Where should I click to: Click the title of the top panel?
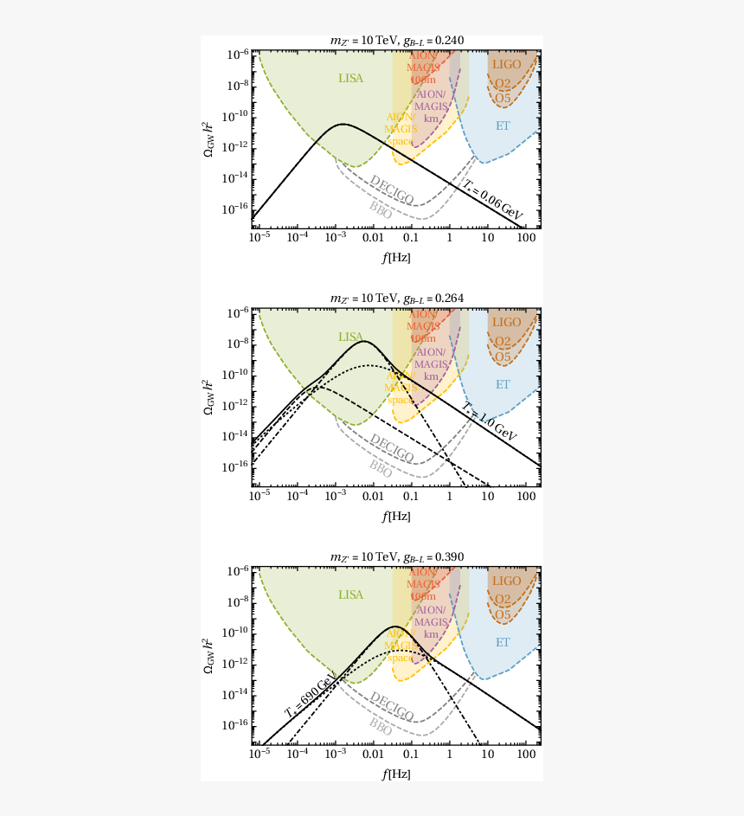tap(397, 41)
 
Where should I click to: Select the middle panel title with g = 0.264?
tap(397, 299)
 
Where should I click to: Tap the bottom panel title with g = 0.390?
tap(397, 556)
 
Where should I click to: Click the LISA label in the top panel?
tap(350, 79)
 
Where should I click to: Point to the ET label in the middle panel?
tap(503, 384)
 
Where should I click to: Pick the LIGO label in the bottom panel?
tap(506, 581)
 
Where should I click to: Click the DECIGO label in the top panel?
tap(391, 189)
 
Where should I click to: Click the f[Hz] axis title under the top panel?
tap(397, 257)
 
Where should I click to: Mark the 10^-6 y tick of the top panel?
tap(238, 55)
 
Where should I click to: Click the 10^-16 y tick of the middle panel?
tap(236, 466)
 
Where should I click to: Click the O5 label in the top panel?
tap(503, 98)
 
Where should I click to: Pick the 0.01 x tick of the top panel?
tap(373, 238)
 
